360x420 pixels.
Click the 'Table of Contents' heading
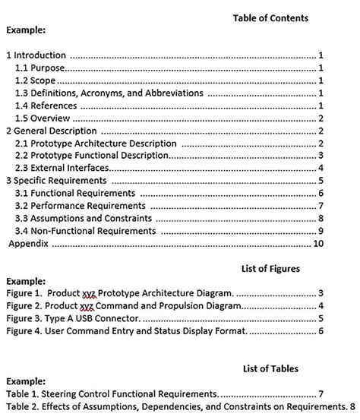coord(270,17)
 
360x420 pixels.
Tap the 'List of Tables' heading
coord(270,368)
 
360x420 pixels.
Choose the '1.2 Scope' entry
coord(36,81)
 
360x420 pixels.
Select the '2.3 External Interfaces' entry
coord(62,168)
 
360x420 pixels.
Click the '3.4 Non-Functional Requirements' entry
coord(86,231)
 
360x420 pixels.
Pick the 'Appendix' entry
coord(29,244)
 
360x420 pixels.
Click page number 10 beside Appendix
coord(319,244)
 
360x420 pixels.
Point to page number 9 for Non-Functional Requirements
coord(322,231)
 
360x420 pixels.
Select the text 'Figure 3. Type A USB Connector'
coord(73,318)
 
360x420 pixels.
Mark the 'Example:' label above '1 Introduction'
coord(27,31)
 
